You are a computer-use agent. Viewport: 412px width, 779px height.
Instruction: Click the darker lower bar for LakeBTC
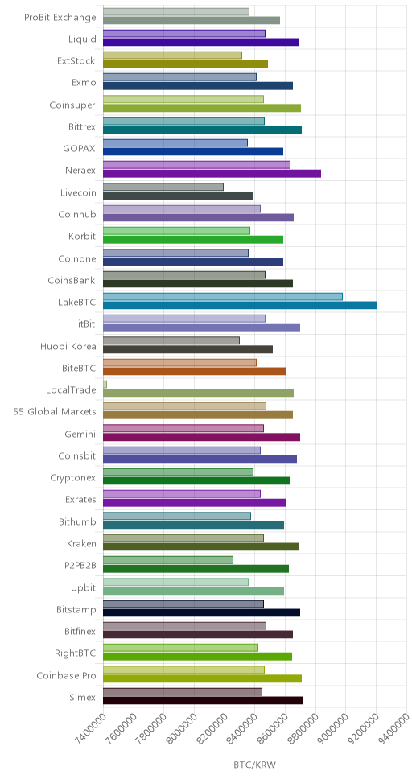coord(240,305)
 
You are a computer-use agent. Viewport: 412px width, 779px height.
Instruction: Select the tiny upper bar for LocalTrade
coord(105,384)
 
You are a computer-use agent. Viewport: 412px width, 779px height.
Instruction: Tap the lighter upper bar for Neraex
coord(197,165)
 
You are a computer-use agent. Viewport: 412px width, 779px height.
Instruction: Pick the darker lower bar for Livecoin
coord(179,196)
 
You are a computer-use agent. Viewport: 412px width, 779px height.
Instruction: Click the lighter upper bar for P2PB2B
coord(168,560)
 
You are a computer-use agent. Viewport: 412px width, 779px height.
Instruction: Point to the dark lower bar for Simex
coord(203,700)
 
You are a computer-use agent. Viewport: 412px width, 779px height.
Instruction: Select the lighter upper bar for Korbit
coord(176,230)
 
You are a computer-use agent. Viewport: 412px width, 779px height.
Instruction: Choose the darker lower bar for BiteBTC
coord(194,371)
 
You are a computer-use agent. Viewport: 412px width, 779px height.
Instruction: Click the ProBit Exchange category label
coord(60,18)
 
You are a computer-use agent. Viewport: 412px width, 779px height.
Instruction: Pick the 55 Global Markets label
coord(55,412)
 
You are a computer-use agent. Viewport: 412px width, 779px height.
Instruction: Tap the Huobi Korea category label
coord(68,346)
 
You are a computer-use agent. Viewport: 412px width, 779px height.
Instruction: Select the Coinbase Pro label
coord(66,675)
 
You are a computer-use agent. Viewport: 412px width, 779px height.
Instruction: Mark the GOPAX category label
coord(80,149)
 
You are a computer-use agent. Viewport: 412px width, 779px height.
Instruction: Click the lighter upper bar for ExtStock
coord(172,56)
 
